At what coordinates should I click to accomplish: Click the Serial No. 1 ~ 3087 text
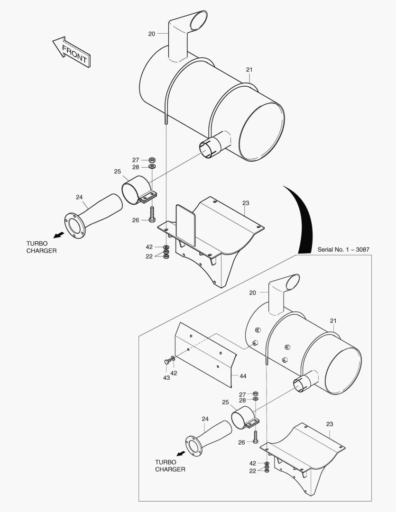[x=343, y=249]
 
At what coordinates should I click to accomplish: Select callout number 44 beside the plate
[x=242, y=376]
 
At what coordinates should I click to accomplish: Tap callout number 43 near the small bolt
[x=166, y=378]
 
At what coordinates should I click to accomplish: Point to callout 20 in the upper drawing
[x=152, y=34]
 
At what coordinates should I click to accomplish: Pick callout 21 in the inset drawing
[x=333, y=321]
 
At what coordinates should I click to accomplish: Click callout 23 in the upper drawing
[x=245, y=203]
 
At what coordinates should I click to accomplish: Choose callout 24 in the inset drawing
[x=205, y=419]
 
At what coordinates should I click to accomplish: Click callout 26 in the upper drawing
[x=136, y=220]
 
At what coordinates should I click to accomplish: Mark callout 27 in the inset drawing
[x=242, y=394]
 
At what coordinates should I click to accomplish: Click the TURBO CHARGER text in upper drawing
[x=41, y=247]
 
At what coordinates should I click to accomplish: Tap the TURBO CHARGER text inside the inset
[x=170, y=466]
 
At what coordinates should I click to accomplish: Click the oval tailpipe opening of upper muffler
[x=198, y=19]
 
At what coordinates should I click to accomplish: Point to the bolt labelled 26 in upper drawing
[x=152, y=213]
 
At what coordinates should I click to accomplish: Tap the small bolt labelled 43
[x=167, y=362]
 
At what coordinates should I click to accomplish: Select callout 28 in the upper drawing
[x=136, y=167]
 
